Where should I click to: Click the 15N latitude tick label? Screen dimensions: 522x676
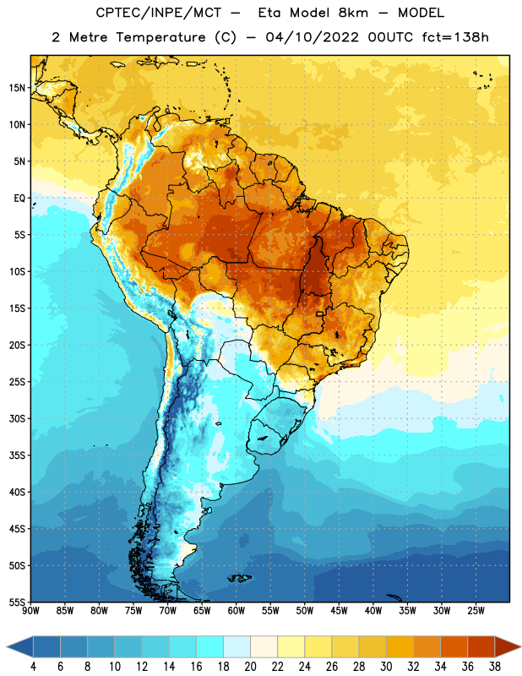[x=17, y=88]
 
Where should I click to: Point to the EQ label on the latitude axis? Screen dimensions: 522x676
[x=19, y=199]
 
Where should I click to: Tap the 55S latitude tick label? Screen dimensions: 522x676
[x=17, y=602]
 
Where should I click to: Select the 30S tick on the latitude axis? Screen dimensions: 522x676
[x=17, y=418]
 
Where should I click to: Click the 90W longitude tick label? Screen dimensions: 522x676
[x=30, y=611]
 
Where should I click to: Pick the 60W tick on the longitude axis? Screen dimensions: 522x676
[x=237, y=611]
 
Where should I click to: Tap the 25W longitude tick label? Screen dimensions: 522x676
[x=476, y=611]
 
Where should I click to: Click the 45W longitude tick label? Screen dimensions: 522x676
[x=339, y=611]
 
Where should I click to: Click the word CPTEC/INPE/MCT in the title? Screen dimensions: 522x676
[x=158, y=13]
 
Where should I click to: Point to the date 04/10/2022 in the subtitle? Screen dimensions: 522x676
[x=312, y=37]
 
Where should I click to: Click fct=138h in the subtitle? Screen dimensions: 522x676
[x=455, y=37]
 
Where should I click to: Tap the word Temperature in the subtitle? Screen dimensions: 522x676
[x=160, y=37]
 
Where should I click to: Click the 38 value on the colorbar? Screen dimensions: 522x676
[x=495, y=667]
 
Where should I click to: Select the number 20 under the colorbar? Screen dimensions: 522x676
[x=250, y=667]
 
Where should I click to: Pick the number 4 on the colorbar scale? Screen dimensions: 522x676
[x=33, y=667]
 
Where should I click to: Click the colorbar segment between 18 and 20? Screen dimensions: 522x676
[x=237, y=647]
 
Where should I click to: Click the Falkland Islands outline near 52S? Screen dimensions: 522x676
[x=240, y=578]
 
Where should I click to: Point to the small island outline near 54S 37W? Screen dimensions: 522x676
[x=394, y=597]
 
